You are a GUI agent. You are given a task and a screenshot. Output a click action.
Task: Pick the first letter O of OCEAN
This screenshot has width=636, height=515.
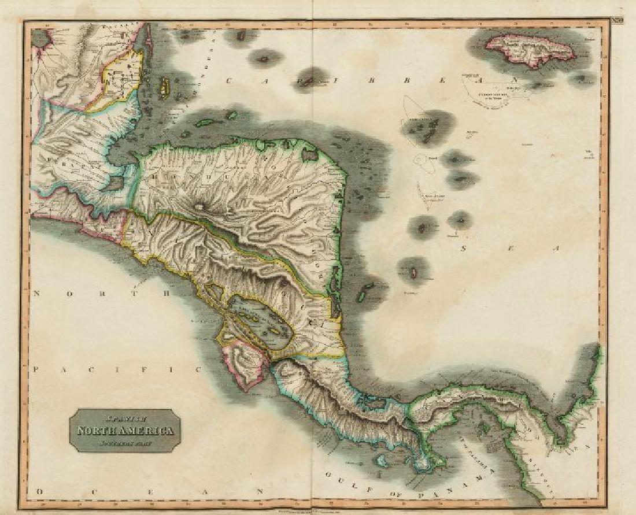[x=39, y=491]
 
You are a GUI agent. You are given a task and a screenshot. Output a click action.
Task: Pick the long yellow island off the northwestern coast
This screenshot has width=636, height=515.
[x=164, y=87]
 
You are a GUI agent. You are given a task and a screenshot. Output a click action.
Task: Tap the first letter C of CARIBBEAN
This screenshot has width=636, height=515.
[x=230, y=81]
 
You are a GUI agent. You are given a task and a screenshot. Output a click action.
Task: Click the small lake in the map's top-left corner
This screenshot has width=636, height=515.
[x=41, y=39]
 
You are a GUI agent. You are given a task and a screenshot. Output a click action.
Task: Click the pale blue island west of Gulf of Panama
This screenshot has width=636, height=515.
[x=382, y=461]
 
